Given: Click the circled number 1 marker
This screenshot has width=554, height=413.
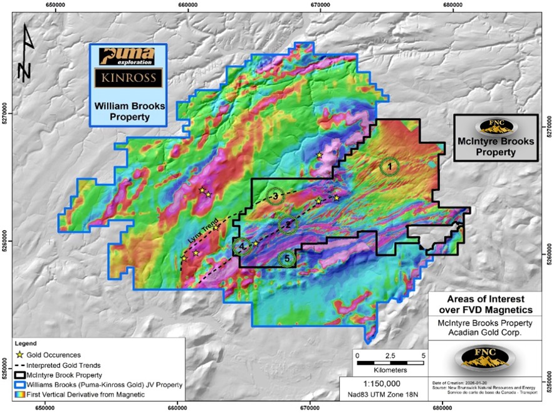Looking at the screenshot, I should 389,166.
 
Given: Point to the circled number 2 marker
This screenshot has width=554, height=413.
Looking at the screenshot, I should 288,224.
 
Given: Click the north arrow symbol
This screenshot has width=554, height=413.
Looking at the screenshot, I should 24,53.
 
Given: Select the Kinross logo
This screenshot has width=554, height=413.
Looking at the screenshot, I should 128,78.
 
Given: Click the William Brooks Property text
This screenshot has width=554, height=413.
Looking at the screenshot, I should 128,111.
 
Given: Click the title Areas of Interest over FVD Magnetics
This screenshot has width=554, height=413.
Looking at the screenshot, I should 490,303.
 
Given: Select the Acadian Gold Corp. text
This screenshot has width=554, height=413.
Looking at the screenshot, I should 490,333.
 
